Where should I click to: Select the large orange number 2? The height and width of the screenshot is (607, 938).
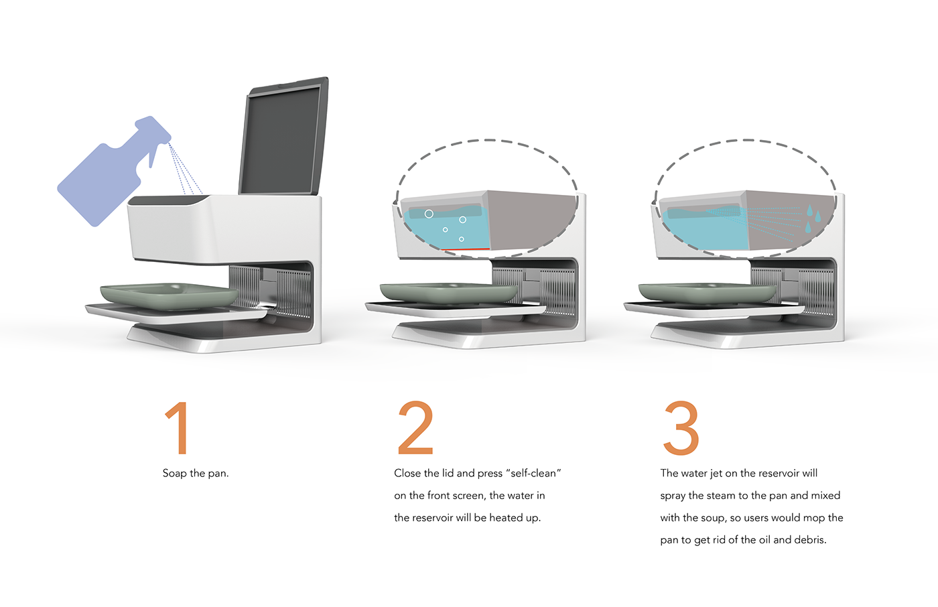[x=415, y=428]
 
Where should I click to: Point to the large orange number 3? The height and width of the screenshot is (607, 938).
[x=681, y=428]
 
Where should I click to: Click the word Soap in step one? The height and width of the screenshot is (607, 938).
[x=174, y=474]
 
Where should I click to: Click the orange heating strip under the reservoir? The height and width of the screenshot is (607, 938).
[x=465, y=250]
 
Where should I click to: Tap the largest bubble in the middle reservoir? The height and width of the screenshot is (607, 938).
[x=429, y=214]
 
